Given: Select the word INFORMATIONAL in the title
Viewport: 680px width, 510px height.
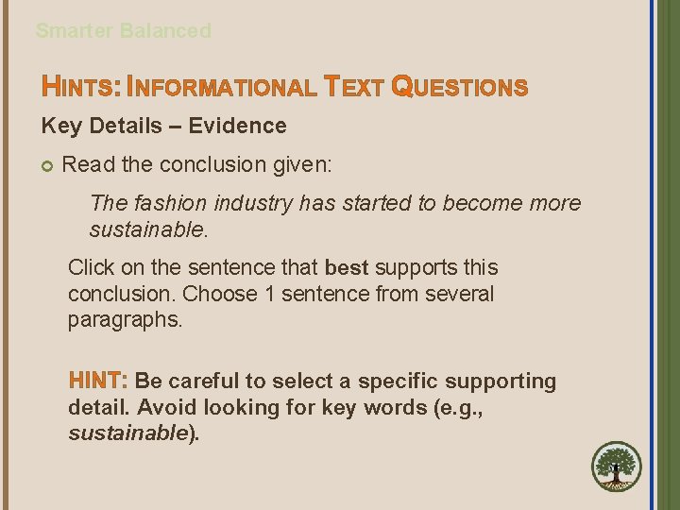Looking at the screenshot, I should click(221, 89).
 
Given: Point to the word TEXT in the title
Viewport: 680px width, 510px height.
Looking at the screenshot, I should click(353, 89).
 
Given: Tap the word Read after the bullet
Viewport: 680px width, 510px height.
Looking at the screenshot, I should click(88, 164).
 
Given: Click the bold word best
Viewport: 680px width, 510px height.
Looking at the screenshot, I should click(346, 268).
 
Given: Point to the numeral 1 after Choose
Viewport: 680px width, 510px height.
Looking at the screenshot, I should click(271, 295).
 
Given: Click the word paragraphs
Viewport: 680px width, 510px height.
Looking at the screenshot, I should click(124, 320).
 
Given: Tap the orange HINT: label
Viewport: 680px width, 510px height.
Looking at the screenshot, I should click(98, 382).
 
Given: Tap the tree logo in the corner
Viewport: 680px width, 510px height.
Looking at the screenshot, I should click(616, 467).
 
